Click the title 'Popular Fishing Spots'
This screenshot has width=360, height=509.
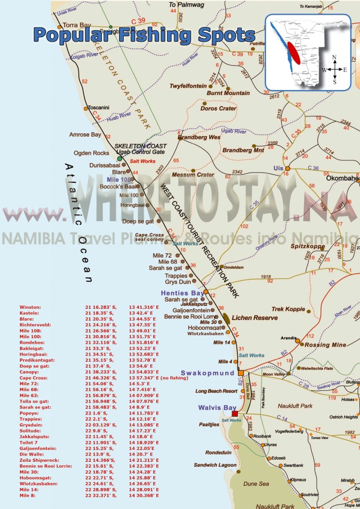pyautogui.click(x=144, y=34)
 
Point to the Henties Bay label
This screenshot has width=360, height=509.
pyautogui.click(x=182, y=293)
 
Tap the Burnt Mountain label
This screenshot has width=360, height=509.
pyautogui.click(x=228, y=93)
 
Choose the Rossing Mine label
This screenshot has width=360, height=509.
pyautogui.click(x=325, y=345)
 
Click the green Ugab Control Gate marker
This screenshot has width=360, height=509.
pyautogui.click(x=119, y=159)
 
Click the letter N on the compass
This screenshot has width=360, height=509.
pyautogui.click(x=335, y=57)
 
